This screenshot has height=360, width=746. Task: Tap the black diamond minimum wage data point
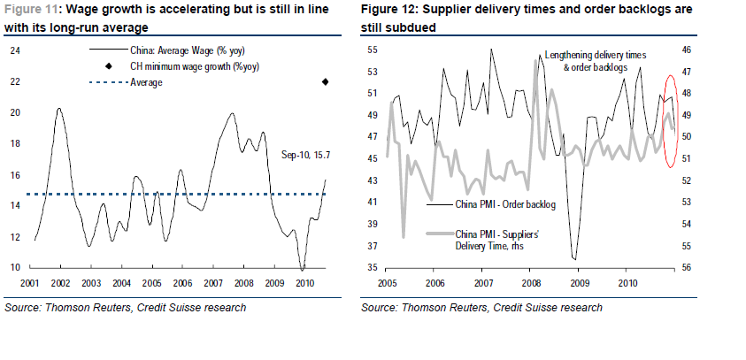(325, 82)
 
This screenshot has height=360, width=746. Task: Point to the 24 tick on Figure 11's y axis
(14, 50)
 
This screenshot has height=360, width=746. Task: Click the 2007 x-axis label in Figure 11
(213, 282)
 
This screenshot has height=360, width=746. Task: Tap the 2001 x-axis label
(32, 282)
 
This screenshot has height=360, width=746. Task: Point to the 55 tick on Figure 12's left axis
(373, 50)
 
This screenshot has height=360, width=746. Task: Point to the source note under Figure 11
(125, 308)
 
